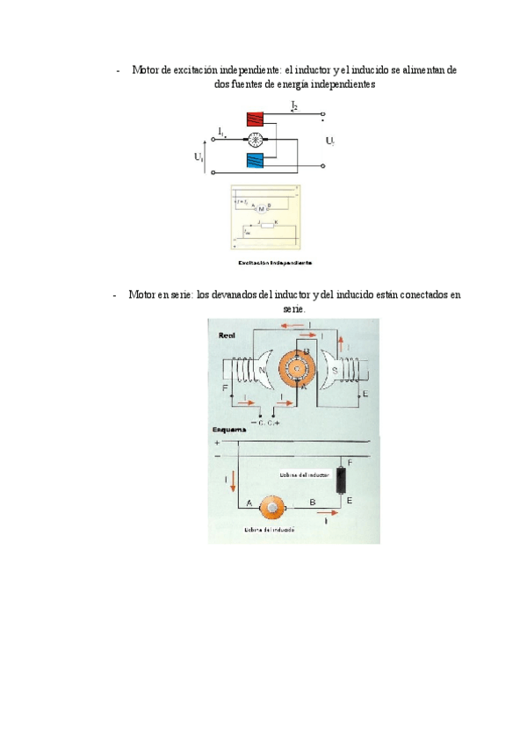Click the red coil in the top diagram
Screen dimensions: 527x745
click(256, 119)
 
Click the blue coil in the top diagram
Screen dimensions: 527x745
click(256, 160)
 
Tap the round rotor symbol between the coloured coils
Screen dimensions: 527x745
click(256, 140)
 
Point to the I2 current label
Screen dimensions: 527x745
click(294, 105)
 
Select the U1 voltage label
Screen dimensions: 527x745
click(200, 157)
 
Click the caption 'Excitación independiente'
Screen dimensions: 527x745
click(275, 262)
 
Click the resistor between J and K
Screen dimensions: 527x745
click(267, 226)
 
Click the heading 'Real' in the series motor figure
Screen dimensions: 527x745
click(227, 335)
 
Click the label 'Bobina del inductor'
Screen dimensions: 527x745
click(304, 474)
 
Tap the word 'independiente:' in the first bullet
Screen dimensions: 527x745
click(247, 69)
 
